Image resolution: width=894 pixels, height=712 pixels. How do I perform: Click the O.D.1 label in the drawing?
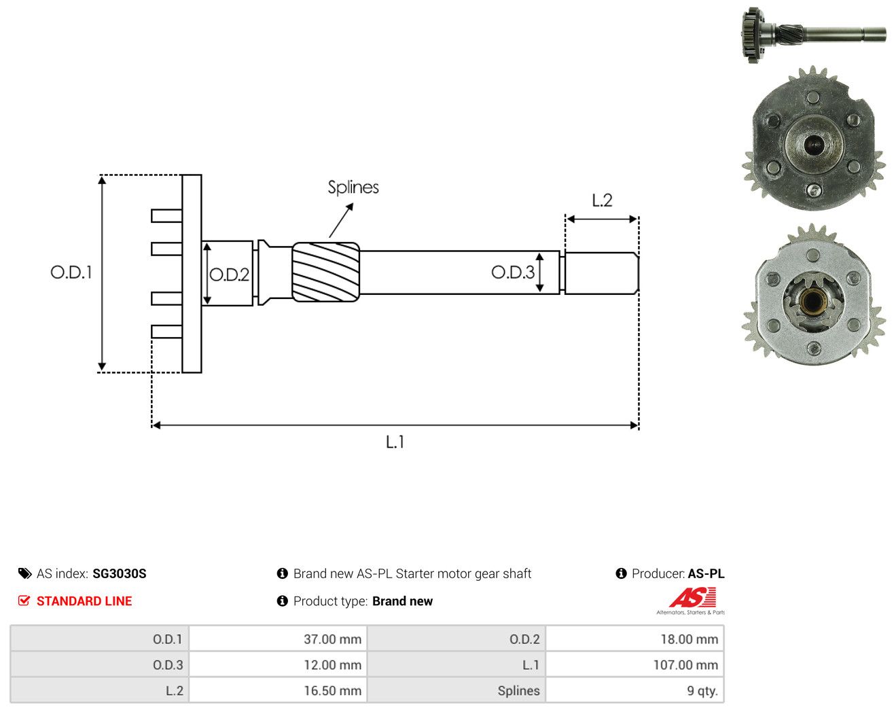71,272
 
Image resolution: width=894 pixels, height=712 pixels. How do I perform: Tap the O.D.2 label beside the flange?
229,274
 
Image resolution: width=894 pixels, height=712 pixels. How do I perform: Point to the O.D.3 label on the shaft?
513,272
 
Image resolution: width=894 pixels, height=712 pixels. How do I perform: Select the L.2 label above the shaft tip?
602,200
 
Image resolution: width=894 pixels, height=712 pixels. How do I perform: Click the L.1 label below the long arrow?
395,442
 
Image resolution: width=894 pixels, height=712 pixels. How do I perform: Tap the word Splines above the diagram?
353,188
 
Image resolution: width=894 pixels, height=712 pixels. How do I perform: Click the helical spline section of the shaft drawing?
325,272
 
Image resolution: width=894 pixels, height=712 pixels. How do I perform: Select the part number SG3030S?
120,573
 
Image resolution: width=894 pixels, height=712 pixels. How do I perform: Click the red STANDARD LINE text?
84,601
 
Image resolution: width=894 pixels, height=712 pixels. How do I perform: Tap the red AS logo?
693,597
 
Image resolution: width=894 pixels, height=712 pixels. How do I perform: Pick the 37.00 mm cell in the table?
332,639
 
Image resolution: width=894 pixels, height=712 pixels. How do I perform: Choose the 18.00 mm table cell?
690,639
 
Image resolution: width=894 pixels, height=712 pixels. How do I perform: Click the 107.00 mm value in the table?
685,665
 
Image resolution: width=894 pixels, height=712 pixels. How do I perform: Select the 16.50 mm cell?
332,691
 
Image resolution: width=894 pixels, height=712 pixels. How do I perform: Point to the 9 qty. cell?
702,691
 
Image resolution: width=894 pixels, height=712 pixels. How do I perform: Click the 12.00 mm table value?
332,665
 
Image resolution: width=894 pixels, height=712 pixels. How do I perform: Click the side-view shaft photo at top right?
813,35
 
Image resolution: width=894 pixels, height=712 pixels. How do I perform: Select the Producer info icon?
621,573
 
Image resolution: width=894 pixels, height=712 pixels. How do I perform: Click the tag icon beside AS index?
25,573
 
